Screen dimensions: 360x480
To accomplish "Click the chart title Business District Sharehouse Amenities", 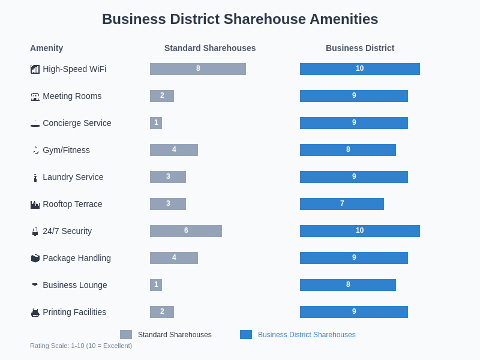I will [240, 19].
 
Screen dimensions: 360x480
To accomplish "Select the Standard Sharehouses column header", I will [210, 48].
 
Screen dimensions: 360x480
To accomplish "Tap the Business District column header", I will [360, 48].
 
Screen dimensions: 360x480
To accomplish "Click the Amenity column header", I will [46, 48].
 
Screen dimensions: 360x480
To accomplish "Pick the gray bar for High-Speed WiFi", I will [198, 69].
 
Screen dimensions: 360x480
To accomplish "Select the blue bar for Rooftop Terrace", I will [342, 204].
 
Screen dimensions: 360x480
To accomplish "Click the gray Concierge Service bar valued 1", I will [156, 123].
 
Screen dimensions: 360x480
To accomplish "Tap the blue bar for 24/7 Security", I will [360, 231].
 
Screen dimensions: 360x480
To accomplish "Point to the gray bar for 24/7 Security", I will [186, 231].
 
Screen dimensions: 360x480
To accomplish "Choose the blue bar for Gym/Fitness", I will [348, 150].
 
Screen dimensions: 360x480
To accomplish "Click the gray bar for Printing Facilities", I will [162, 312].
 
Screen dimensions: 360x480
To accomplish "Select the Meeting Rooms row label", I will [72, 96].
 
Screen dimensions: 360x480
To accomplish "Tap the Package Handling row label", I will [77, 258].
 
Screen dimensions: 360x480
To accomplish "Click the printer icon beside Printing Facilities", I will [35, 313].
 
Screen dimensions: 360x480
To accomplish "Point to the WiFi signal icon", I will [35, 70].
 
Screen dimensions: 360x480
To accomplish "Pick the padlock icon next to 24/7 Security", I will [35, 232].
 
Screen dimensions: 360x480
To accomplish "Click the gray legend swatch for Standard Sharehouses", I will [126, 335].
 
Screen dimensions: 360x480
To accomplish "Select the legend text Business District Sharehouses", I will [307, 335].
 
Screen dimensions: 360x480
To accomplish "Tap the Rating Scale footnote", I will [81, 346].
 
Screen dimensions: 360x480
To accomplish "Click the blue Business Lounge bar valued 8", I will [348, 285].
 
